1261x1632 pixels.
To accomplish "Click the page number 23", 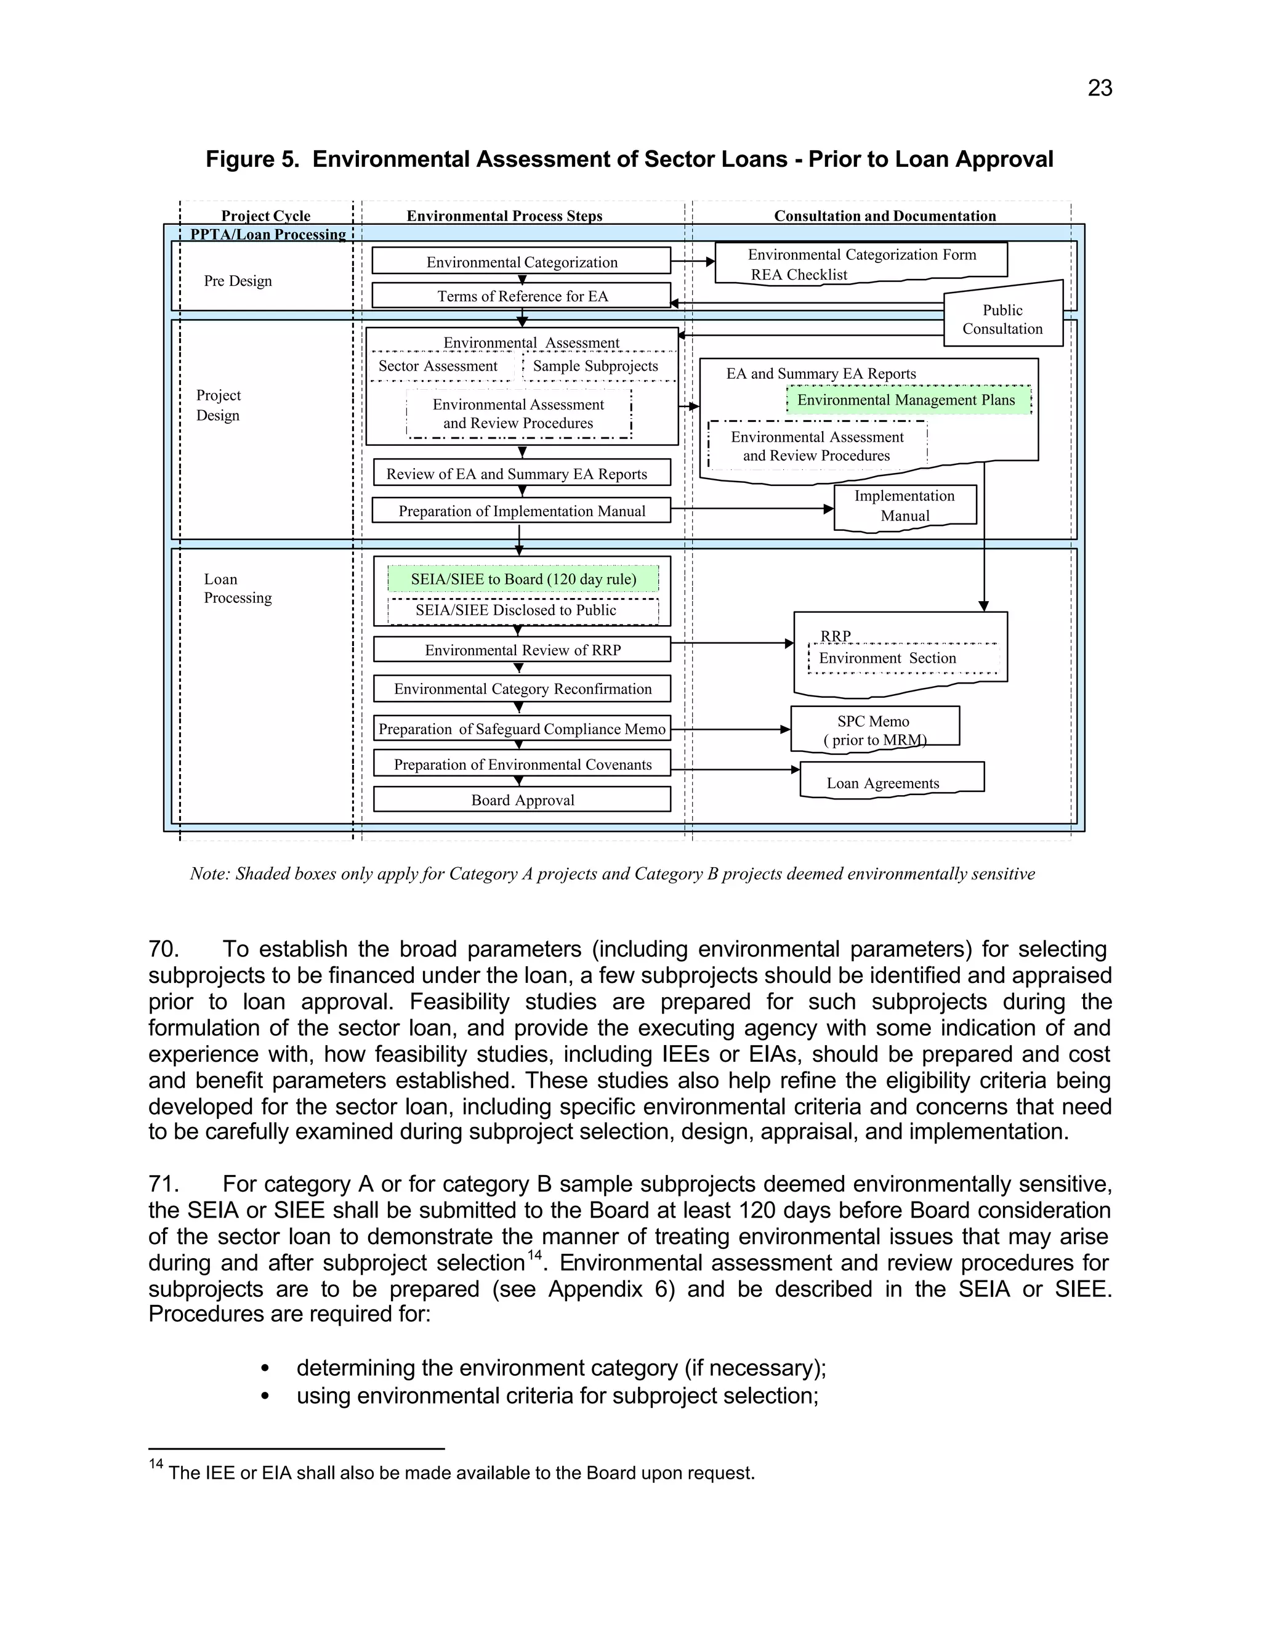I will click(1100, 88).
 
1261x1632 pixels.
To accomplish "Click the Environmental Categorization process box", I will click(522, 262).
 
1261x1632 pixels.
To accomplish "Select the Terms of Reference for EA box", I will click(522, 296).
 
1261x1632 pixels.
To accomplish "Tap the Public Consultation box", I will click(1002, 319).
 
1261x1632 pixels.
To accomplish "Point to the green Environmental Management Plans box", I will click(907, 400).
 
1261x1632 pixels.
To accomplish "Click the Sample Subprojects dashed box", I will click(596, 366).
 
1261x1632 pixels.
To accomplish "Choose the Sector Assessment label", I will click(438, 366).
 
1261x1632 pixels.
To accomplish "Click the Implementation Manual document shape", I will click(904, 506).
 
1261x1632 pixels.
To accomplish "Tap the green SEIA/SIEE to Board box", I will click(523, 579).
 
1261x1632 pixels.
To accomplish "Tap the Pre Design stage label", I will click(238, 281).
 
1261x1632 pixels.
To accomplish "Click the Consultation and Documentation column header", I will click(885, 216).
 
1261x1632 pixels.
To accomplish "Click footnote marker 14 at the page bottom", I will click(155, 1464).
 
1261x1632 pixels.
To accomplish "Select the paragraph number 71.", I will click(163, 1184).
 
